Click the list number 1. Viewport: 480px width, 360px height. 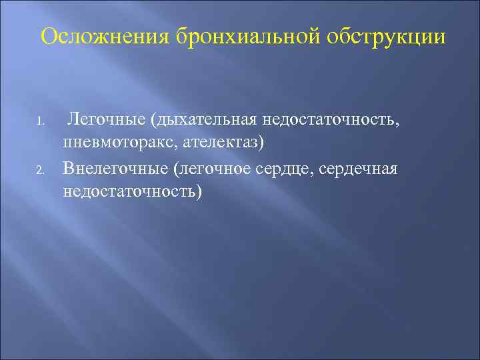pyautogui.click(x=41, y=123)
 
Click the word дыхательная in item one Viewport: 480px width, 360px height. pyautogui.click(x=205, y=120)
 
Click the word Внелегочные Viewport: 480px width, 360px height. pyautogui.click(x=114, y=168)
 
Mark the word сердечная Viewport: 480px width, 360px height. pyautogui.click(x=359, y=168)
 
